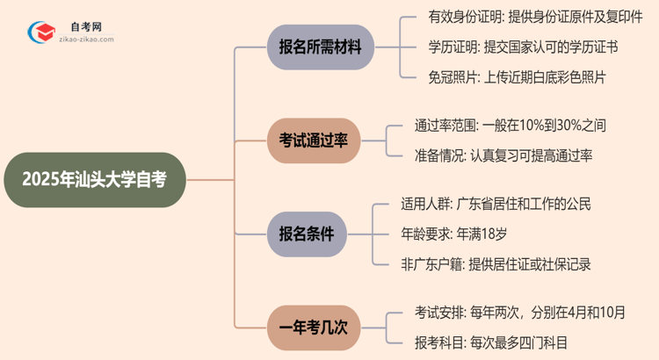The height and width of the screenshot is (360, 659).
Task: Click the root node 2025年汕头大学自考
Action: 95,179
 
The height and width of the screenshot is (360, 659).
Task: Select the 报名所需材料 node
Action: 314,48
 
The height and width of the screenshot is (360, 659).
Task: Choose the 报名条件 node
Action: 314,233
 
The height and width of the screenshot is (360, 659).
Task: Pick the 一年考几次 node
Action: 314,326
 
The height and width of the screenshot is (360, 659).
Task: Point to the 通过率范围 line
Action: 510,126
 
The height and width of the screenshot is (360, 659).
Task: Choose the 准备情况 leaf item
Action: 503,155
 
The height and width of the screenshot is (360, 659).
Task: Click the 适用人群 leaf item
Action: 503,205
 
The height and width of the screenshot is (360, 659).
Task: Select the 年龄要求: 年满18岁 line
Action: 466,234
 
